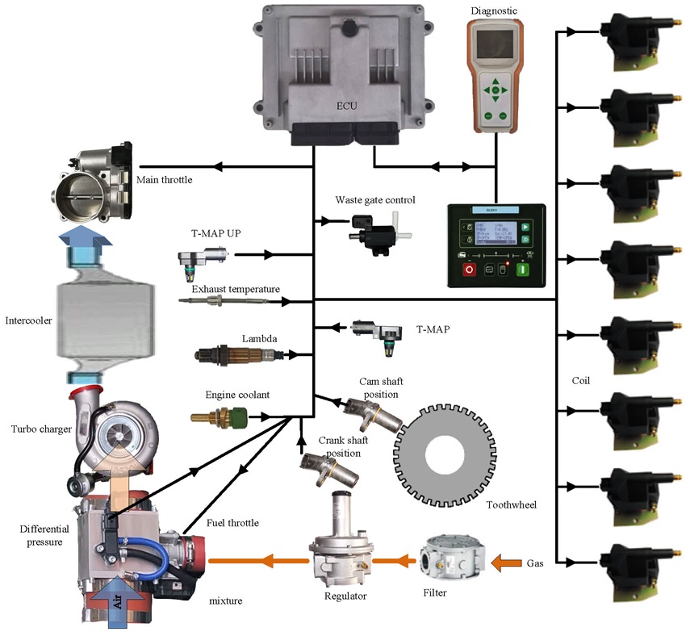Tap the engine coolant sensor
[219, 417]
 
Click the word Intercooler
[27, 320]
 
